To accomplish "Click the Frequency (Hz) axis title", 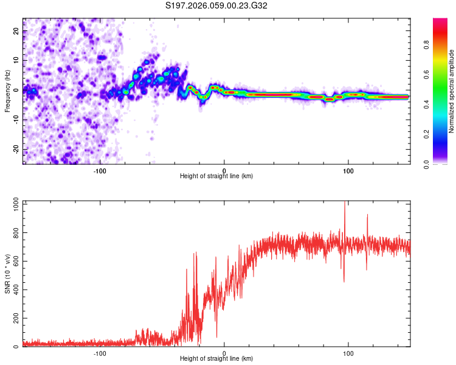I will pyautogui.click(x=7, y=91).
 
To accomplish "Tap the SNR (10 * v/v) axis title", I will pyautogui.click(x=7, y=273).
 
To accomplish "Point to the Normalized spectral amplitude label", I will pyautogui.click(x=452, y=91).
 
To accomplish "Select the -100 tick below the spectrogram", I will pyautogui.click(x=100, y=170).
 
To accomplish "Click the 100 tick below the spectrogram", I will pyautogui.click(x=348, y=170).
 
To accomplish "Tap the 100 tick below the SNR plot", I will pyautogui.click(x=348, y=353).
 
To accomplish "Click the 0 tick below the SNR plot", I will pyautogui.click(x=224, y=353).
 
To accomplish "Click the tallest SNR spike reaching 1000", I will pyautogui.click(x=345, y=203).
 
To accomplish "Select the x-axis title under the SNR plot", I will pyautogui.click(x=216, y=360).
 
